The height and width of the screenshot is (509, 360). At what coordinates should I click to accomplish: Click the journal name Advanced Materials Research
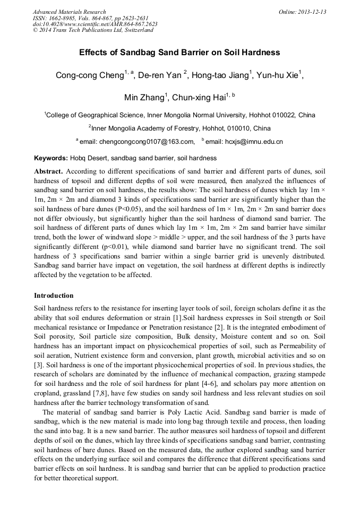[x=69, y=12]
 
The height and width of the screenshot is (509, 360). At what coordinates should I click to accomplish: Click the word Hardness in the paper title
[x=258, y=53]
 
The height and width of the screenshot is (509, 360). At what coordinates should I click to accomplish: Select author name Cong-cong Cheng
[x=89, y=75]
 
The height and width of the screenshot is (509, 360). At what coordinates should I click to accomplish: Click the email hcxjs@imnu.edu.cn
[x=247, y=142]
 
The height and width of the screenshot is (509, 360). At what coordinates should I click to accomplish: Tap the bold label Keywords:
[x=51, y=158]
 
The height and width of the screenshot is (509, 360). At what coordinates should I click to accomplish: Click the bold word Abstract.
[x=48, y=171]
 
